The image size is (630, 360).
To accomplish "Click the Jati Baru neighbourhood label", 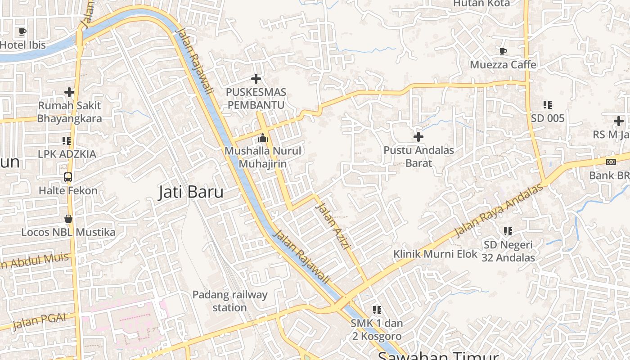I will [x=191, y=192].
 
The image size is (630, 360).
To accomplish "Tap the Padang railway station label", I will [x=230, y=301].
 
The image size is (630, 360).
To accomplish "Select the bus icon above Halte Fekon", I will [x=68, y=177].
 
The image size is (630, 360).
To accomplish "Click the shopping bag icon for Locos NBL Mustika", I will [x=68, y=219].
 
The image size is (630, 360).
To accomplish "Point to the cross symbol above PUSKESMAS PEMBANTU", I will [x=256, y=79].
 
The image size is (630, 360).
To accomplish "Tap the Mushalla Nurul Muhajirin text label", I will [x=263, y=157].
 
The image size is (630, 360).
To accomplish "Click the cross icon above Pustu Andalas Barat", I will [x=418, y=136].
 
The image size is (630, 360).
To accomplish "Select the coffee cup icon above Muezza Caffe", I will [x=503, y=51].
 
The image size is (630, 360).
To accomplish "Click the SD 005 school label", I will [x=548, y=118].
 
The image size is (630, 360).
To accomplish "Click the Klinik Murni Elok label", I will [x=435, y=254].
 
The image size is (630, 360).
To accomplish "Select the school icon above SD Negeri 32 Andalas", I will [x=508, y=231].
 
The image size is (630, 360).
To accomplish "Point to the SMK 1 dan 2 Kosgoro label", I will [x=377, y=329].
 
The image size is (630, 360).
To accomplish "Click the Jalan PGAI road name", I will [x=39, y=321].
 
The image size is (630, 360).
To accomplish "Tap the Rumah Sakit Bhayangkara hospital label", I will [x=69, y=112].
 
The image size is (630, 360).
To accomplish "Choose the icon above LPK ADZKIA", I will [x=67, y=141].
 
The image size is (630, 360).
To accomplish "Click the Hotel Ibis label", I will [x=23, y=45].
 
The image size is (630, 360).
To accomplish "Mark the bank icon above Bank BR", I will [x=611, y=162].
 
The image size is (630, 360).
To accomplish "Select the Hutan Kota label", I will [x=481, y=4].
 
